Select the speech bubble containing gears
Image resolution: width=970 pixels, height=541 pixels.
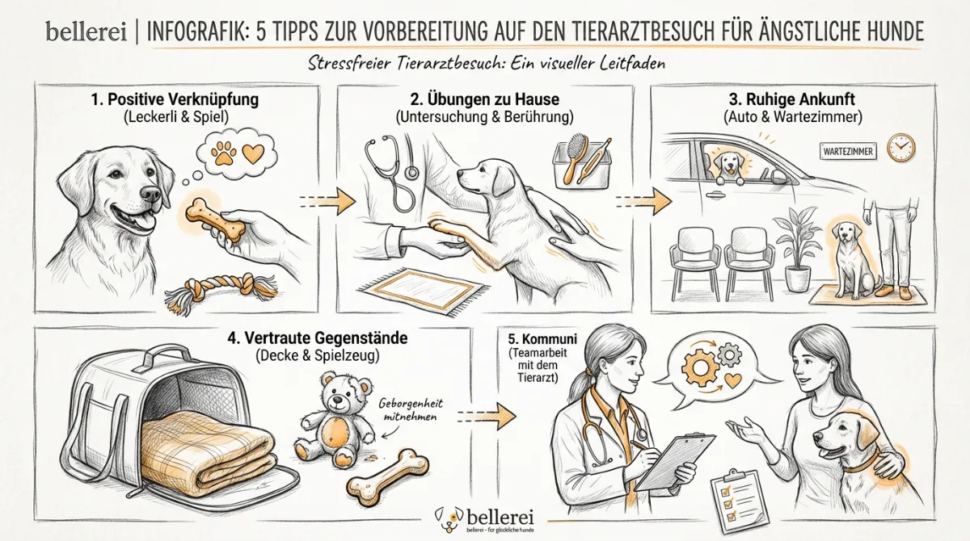coord(710,367)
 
